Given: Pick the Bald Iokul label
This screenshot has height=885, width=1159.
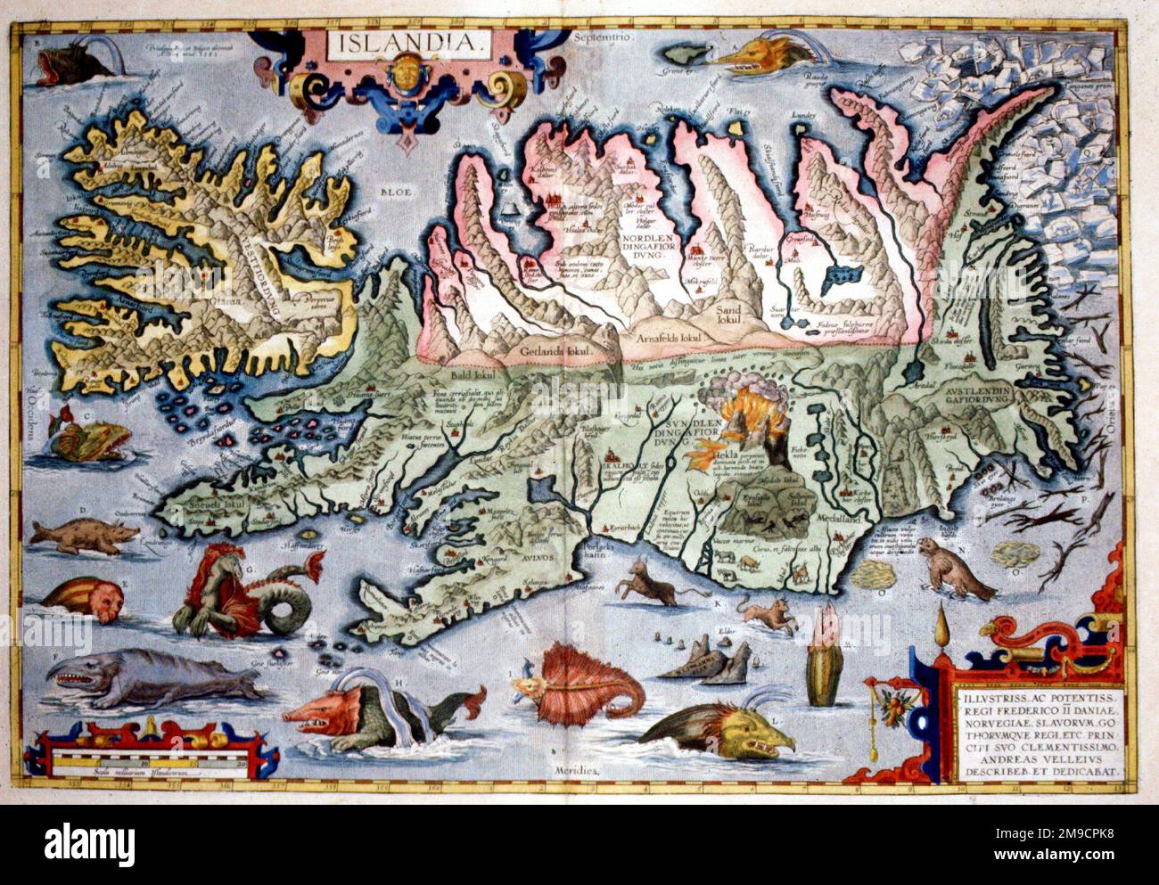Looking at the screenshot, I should (x=482, y=378).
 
